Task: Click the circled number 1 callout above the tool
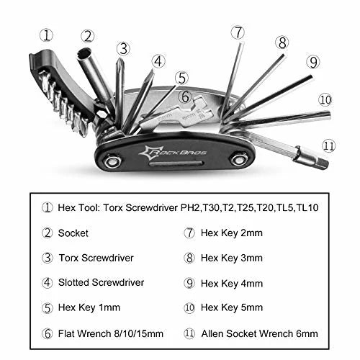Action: pyautogui.click(x=47, y=34)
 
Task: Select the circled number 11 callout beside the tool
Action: pyautogui.click(x=329, y=145)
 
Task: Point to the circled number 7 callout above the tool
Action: pyautogui.click(x=238, y=32)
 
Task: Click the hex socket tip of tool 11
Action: pyautogui.click(x=321, y=162)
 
